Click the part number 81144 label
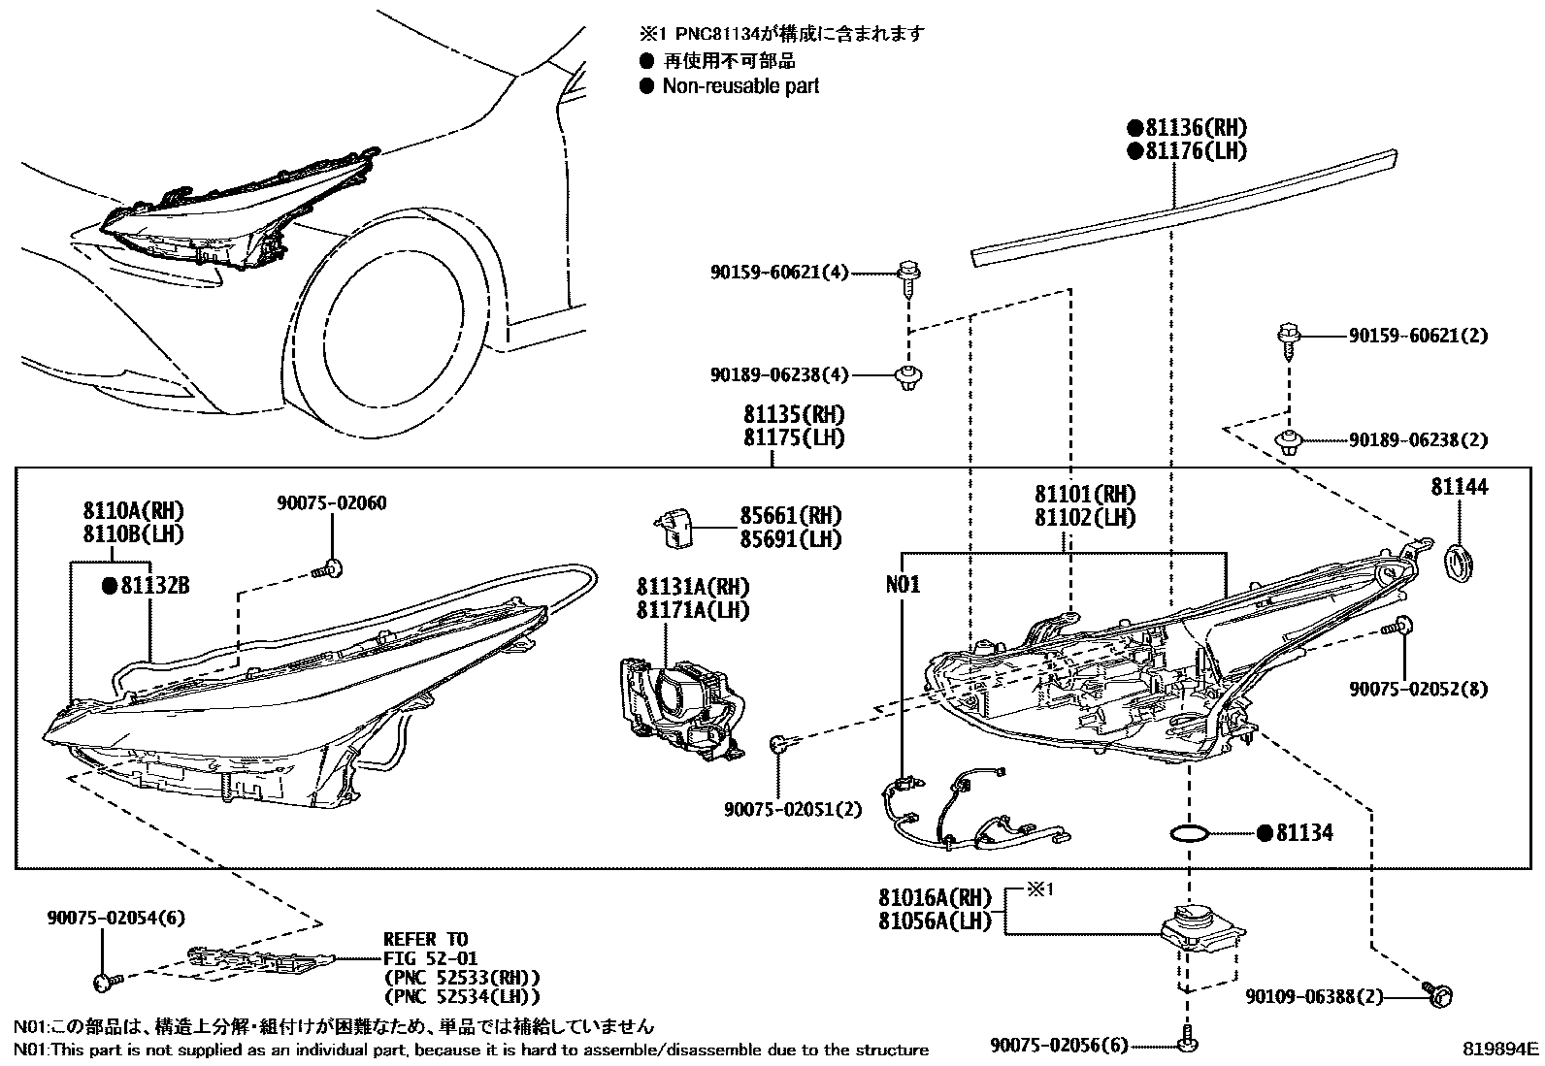[1458, 487]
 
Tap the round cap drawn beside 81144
[1460, 565]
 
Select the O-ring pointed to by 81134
[1190, 832]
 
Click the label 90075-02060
[331, 502]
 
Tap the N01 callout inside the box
[903, 585]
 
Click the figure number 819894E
[1501, 1049]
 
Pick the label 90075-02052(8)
[1418, 689]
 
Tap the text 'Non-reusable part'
[740, 86]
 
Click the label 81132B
[154, 586]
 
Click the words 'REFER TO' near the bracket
[425, 939]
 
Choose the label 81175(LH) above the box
[794, 438]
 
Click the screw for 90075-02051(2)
[781, 745]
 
